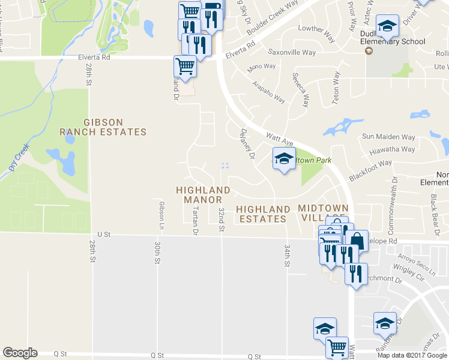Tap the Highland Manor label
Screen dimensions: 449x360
pyautogui.click(x=203, y=195)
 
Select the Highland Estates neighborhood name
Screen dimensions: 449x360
pyautogui.click(x=262, y=214)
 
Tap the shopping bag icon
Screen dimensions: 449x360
pyautogui.click(x=357, y=241)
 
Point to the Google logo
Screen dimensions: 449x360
pyautogui.click(x=20, y=353)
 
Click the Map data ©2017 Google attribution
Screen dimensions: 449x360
pyautogui.click(x=412, y=355)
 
